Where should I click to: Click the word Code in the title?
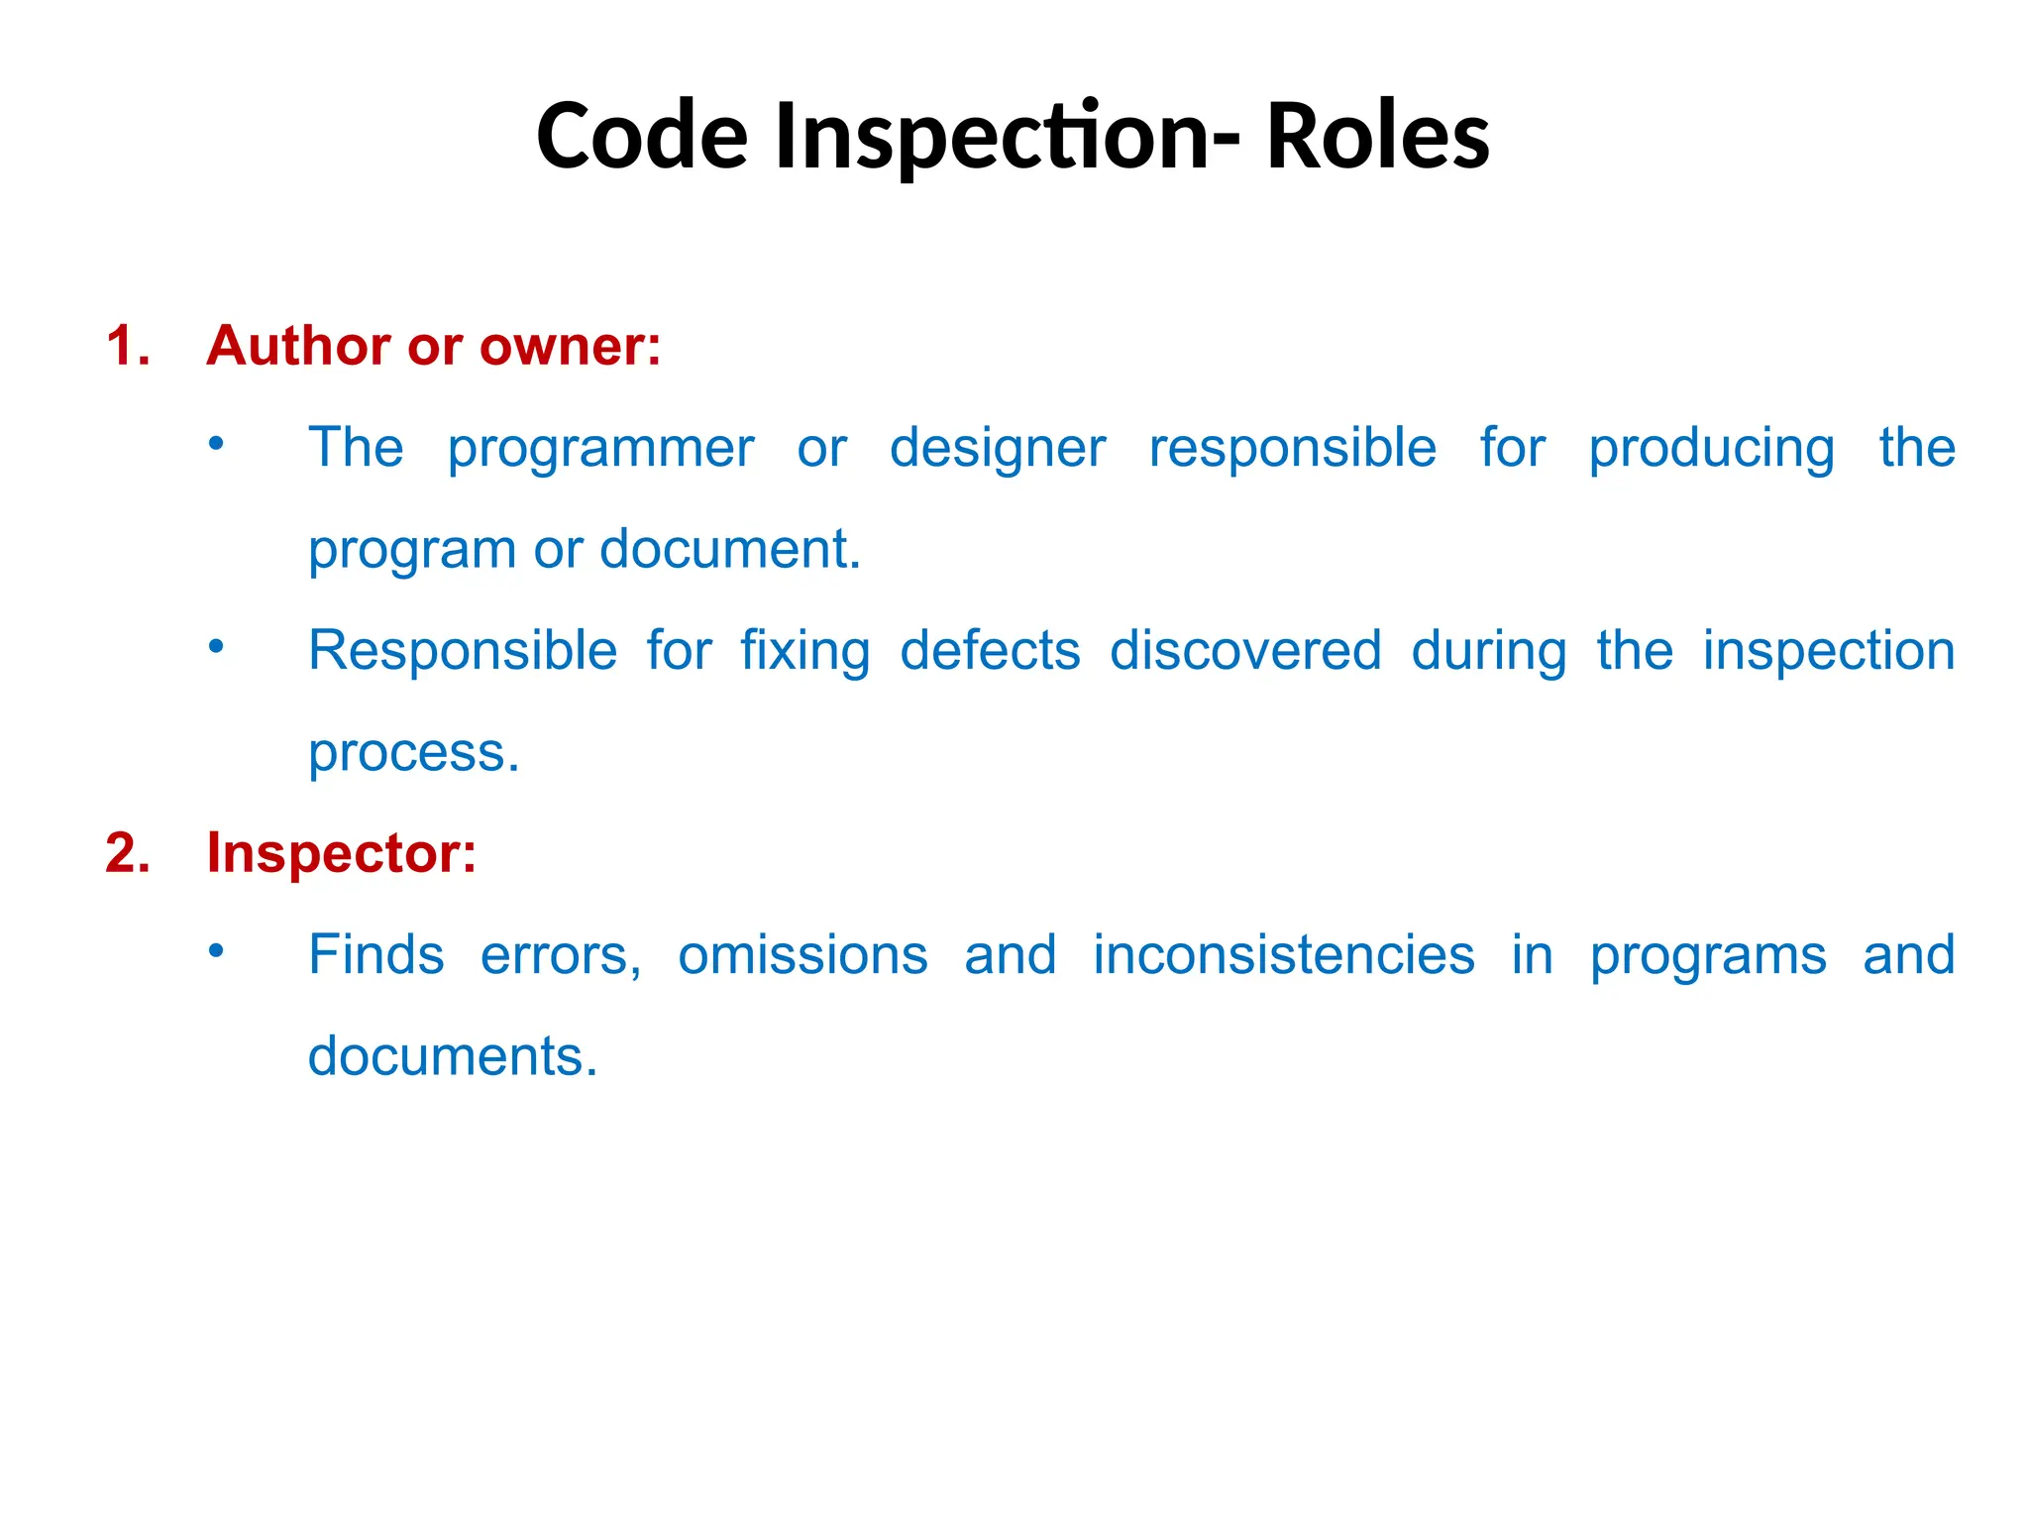point(642,136)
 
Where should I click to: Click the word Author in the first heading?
point(298,346)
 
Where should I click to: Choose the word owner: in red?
point(570,346)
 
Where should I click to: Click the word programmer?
point(600,449)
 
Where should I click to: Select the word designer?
point(998,449)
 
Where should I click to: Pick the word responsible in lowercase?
point(1292,449)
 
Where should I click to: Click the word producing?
point(1711,449)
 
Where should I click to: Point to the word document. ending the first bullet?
point(730,549)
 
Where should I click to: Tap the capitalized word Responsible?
point(463,651)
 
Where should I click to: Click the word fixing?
point(805,651)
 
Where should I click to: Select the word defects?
point(990,651)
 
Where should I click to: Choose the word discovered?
point(1245,651)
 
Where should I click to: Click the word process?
point(413,753)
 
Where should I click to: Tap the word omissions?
point(802,955)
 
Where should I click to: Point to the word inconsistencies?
point(1284,955)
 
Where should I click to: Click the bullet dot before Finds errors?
point(217,951)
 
